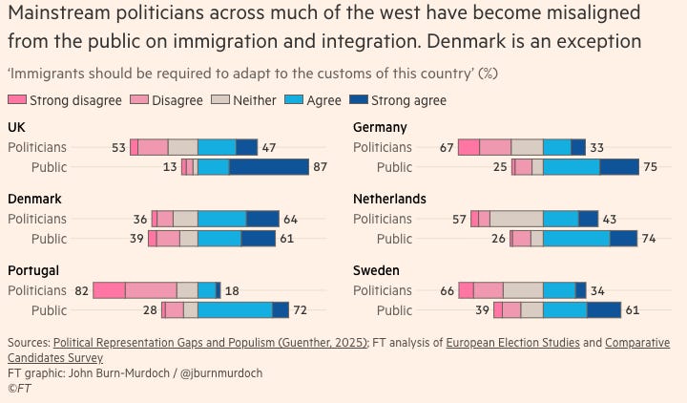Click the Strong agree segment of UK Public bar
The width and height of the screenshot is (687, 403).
pos(269,167)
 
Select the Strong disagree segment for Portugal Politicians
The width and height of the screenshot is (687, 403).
pos(109,290)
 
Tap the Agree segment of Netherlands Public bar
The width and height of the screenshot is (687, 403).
pos(576,239)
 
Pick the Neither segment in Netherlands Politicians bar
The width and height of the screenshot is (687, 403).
pos(516,219)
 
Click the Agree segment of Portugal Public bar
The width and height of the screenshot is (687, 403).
pos(235,310)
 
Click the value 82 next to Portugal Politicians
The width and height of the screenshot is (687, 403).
pos(81,290)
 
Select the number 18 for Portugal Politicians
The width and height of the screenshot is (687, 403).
pos(232,290)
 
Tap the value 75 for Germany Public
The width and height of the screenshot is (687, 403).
pos(650,167)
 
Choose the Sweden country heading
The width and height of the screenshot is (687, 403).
pos(375,270)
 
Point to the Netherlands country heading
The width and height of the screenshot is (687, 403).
pos(390,199)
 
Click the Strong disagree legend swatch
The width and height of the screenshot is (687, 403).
pos(17,100)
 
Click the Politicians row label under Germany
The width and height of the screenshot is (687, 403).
pos(383,147)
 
